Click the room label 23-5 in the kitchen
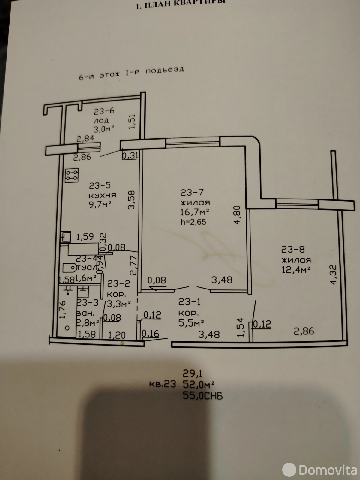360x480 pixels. (x=100, y=186)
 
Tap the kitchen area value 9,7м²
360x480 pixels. (x=100, y=205)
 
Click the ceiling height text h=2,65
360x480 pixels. (x=193, y=222)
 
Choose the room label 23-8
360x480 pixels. (x=293, y=249)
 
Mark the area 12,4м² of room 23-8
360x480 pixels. (x=295, y=269)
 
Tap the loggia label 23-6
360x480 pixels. (x=104, y=112)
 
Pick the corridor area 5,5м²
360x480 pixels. (x=191, y=322)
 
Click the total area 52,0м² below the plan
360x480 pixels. (x=199, y=385)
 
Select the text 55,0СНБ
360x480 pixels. (x=202, y=396)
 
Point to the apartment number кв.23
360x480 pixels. (x=162, y=384)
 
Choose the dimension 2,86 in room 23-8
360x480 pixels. (x=304, y=331)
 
